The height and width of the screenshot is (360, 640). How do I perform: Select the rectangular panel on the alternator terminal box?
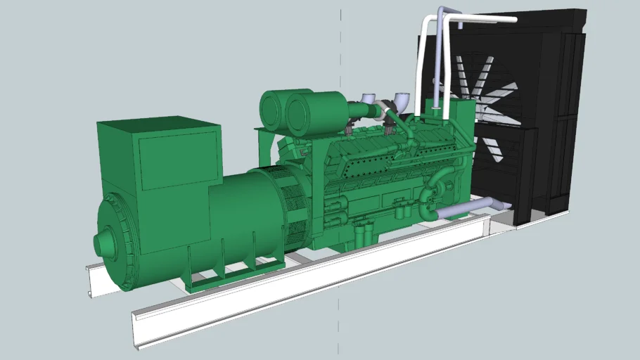179,160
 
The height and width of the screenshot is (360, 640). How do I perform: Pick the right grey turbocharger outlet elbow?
402,101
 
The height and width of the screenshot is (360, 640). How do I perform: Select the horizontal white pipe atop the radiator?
485,18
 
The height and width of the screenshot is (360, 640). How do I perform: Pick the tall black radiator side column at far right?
573,112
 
